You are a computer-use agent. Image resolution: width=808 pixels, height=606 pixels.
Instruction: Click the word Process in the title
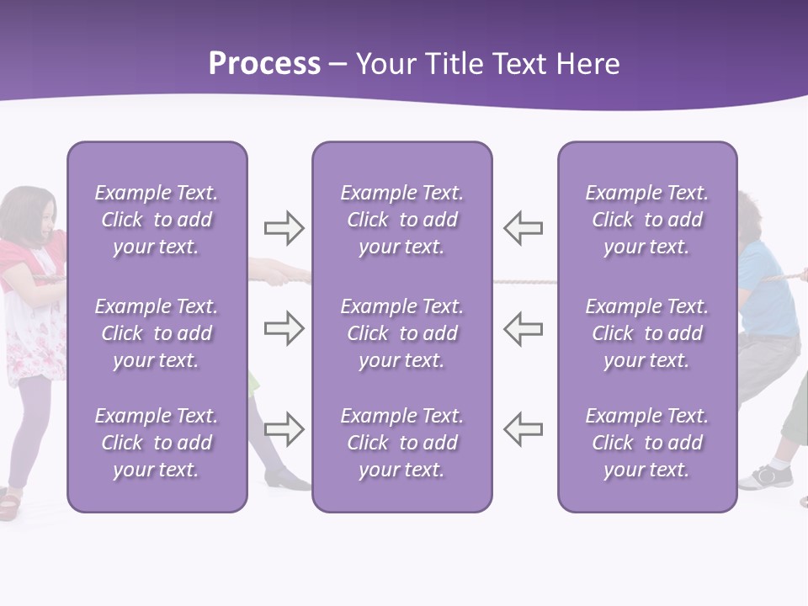(264, 64)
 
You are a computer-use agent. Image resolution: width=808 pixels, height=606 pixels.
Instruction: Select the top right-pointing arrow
(284, 228)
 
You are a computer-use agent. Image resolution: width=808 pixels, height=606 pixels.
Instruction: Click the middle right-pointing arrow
(284, 328)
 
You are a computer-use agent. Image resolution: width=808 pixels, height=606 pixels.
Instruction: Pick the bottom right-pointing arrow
(284, 428)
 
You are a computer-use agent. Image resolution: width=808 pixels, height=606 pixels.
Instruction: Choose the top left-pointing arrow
(523, 228)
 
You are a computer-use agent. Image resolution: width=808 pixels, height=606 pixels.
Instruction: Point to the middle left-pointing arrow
(523, 328)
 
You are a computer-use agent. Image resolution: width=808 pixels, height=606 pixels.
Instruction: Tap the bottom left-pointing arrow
(523, 428)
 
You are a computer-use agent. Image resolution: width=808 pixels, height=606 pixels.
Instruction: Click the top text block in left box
(157, 220)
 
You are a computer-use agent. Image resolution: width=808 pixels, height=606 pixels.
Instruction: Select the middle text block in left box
(157, 333)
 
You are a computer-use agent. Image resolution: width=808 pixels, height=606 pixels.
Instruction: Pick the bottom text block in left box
(157, 443)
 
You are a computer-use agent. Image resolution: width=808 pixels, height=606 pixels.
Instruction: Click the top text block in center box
(402, 220)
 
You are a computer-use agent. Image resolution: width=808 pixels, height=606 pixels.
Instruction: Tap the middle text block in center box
(402, 333)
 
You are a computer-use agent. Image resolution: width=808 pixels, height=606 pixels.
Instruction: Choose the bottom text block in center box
(402, 443)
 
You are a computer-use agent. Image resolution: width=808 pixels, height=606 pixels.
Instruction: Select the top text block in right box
(647, 220)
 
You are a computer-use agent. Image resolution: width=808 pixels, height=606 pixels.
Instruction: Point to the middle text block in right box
(647, 333)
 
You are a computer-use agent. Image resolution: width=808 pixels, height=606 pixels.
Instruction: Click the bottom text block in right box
(647, 443)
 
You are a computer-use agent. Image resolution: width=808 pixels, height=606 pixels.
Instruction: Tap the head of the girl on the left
(30, 215)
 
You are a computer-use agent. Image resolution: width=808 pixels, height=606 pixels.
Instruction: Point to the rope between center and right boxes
(524, 281)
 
